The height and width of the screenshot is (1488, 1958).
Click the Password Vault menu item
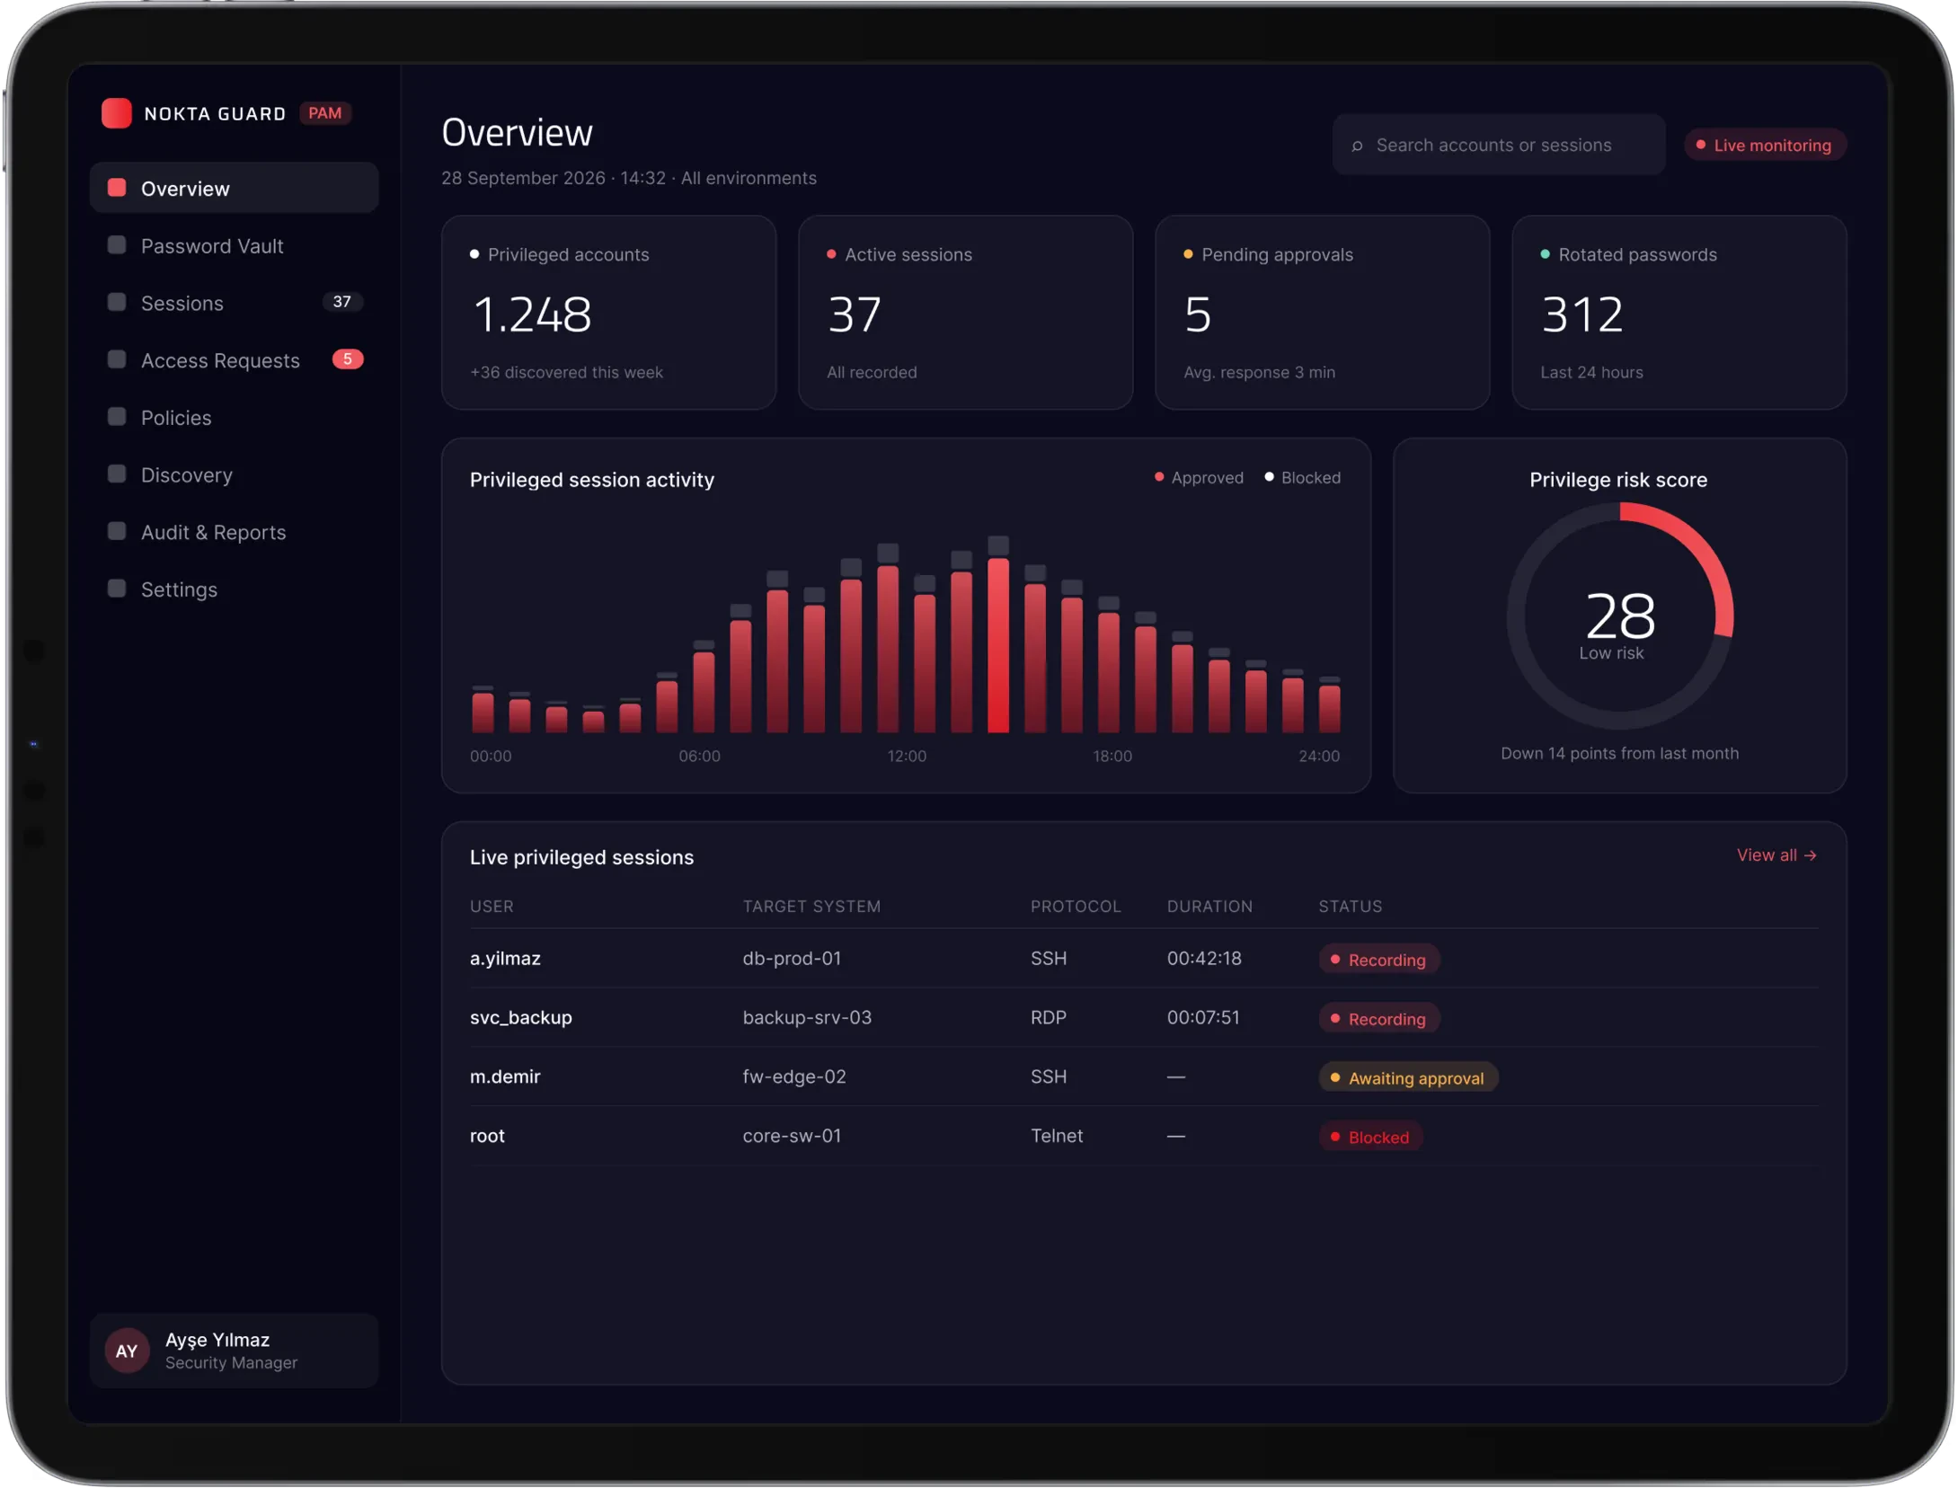[212, 246]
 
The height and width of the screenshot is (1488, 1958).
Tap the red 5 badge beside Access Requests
[348, 359]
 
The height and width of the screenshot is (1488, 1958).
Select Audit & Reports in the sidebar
[213, 532]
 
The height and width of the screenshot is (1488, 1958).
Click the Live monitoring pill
[1764, 146]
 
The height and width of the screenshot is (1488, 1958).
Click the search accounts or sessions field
[1498, 145]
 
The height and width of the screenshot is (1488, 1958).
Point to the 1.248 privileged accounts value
[532, 315]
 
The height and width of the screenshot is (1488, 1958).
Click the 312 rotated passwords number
[1582, 315]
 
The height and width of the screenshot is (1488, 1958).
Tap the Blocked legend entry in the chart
[1303, 478]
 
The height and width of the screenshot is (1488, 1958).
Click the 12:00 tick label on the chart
[907, 757]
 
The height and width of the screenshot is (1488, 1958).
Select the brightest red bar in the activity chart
[998, 645]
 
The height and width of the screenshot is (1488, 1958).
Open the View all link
[1776, 855]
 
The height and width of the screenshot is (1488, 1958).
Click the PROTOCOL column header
[1076, 907]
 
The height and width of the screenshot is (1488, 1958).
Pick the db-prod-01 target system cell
[792, 959]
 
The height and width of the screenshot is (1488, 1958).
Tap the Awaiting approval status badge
[1408, 1078]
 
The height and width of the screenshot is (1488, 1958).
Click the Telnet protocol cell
[1057, 1136]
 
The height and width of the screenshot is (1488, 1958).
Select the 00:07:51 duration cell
[1203, 1018]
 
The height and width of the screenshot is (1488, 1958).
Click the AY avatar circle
[127, 1351]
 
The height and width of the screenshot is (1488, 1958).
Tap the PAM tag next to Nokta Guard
[324, 113]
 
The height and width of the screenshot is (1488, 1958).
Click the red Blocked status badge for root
[1370, 1138]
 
